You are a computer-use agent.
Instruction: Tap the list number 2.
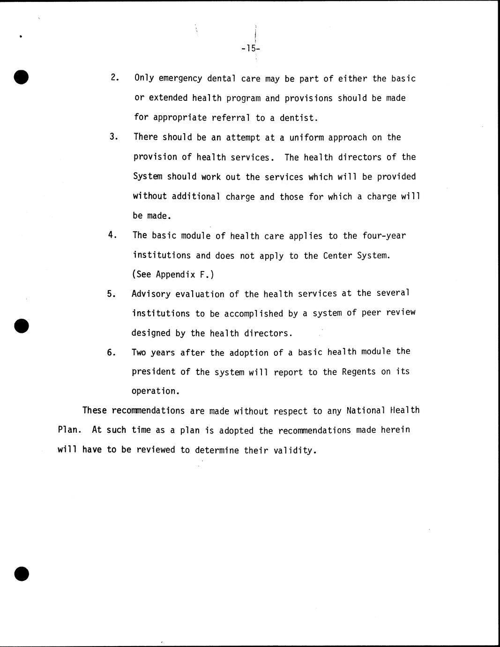tap(114, 78)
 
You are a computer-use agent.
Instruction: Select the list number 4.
tap(112, 235)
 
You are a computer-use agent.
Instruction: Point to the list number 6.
tap(111, 353)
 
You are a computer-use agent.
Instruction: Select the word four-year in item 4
tap(384, 235)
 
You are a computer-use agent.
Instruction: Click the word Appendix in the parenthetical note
tap(174, 275)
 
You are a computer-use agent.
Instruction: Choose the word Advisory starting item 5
tap(151, 294)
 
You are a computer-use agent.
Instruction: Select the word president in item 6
tap(154, 372)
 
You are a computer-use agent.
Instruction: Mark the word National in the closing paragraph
tap(366, 411)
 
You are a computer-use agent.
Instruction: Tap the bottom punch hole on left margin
tap(22, 573)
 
